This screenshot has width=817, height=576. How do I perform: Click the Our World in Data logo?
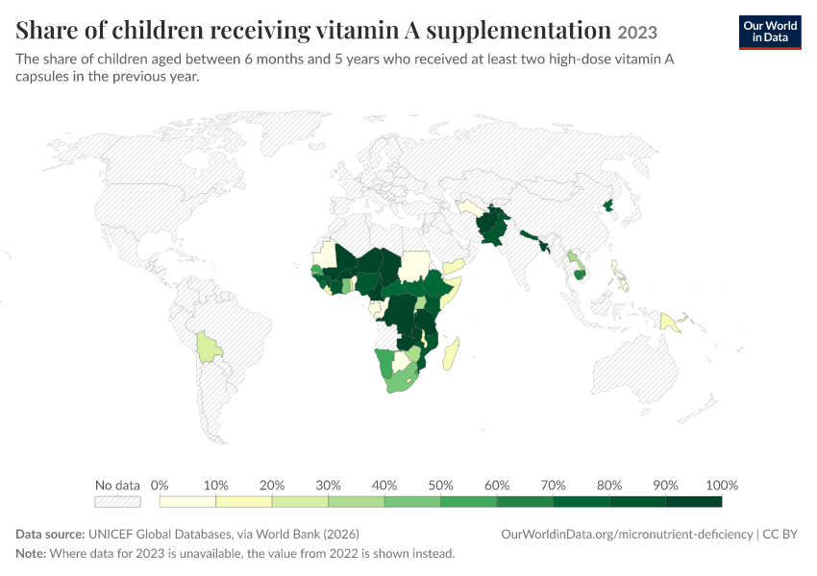click(x=770, y=33)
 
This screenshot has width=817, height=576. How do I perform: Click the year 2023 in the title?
click(x=637, y=33)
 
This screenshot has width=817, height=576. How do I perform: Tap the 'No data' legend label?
click(x=117, y=485)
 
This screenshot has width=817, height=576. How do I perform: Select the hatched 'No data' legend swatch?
click(x=117, y=501)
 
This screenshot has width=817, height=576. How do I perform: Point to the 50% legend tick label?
click(x=440, y=485)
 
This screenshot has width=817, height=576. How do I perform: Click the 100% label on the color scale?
click(x=722, y=485)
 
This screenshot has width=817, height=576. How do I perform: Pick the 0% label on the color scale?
click(x=160, y=485)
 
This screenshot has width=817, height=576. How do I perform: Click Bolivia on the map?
click(x=209, y=348)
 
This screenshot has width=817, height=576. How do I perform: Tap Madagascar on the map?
click(x=451, y=353)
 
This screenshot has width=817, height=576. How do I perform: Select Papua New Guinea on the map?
click(x=670, y=323)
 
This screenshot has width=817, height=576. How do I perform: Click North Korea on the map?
click(x=608, y=205)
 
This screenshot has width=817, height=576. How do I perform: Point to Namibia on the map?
click(x=385, y=362)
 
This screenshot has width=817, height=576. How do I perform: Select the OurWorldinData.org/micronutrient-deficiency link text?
click(x=627, y=535)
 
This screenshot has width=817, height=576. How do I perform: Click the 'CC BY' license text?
click(x=780, y=535)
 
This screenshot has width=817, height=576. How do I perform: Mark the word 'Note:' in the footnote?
click(x=31, y=553)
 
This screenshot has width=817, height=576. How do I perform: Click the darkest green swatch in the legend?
click(x=694, y=501)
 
